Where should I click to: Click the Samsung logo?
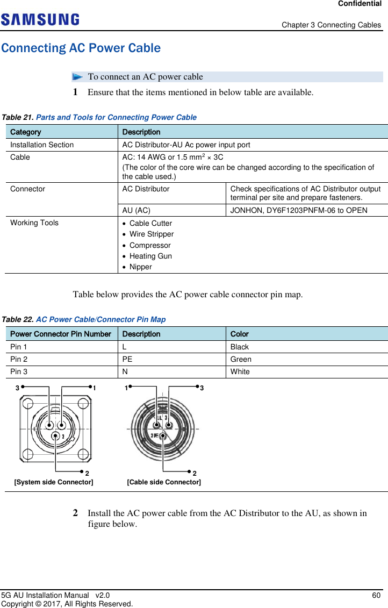tap(40, 20)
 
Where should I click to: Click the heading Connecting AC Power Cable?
tap(81, 48)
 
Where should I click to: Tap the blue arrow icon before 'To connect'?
tap(79, 77)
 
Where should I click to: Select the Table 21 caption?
tap(99, 117)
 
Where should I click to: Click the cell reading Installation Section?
tap(42, 145)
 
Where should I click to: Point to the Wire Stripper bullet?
tap(152, 234)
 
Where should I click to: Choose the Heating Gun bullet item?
tap(150, 256)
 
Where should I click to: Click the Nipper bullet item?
tap(141, 267)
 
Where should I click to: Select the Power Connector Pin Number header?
tap(61, 334)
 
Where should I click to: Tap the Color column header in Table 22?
tap(240, 334)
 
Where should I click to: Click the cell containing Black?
tap(240, 347)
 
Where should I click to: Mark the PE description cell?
tap(127, 359)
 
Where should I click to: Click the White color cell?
tap(240, 371)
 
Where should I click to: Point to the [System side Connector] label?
tap(53, 482)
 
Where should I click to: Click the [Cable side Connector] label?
tap(164, 482)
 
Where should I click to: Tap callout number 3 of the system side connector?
tap(18, 387)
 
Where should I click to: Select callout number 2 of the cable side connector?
tap(194, 473)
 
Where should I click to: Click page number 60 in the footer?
tap(376, 596)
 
